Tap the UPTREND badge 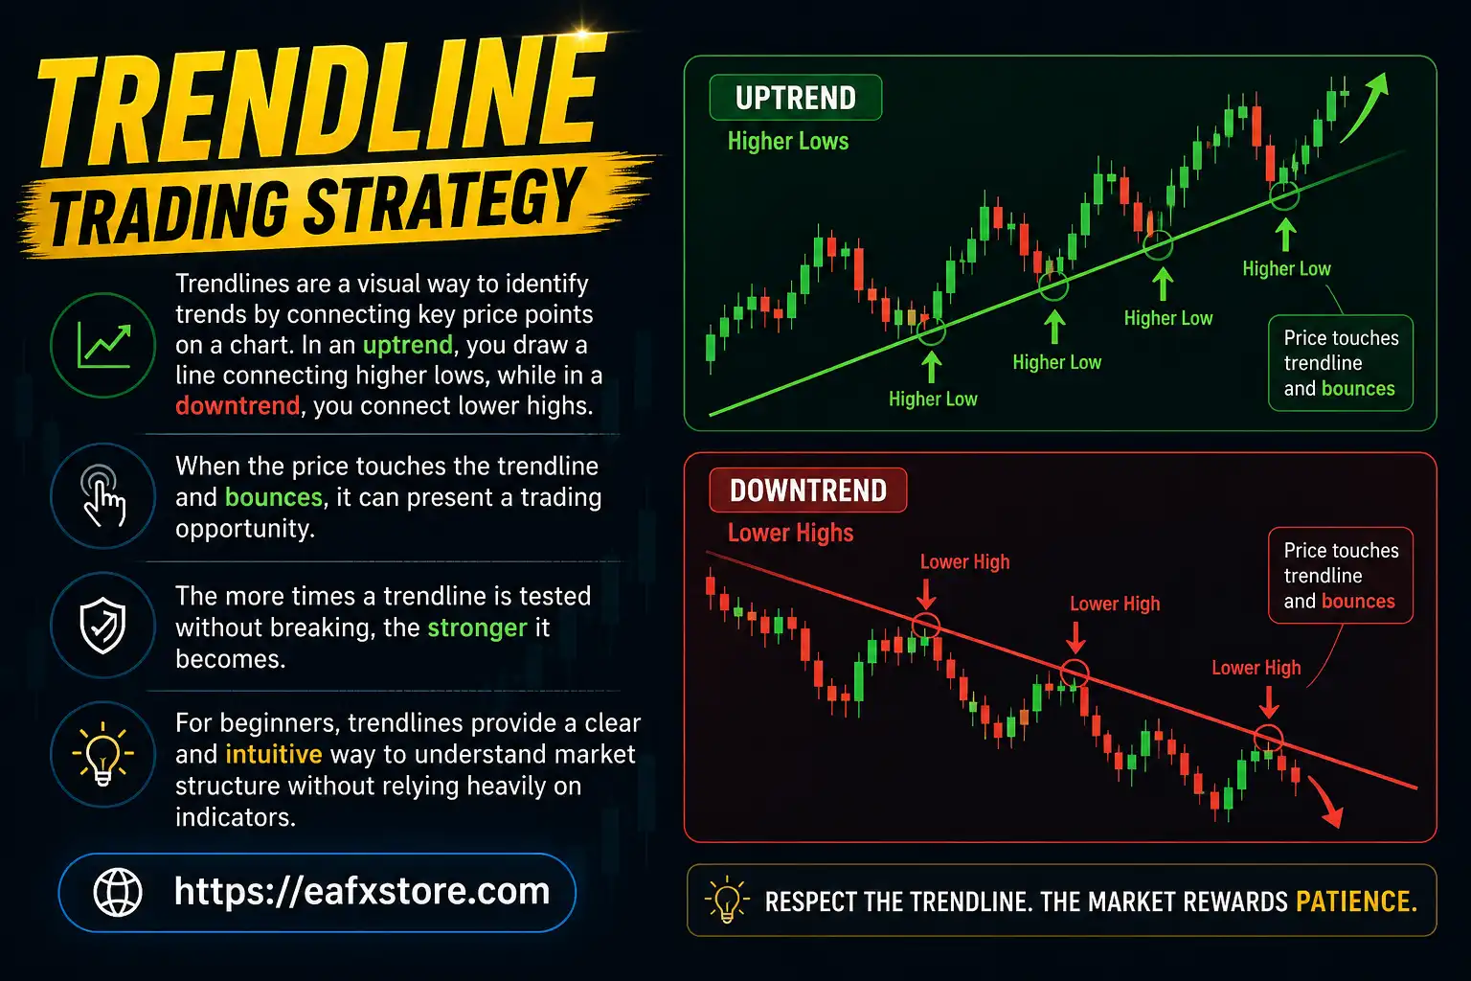[795, 98]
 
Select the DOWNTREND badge [807, 490]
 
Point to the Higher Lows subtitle [788, 142]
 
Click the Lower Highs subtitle [790, 533]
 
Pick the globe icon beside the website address [118, 892]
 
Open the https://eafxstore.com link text [362, 892]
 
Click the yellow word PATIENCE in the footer [1355, 901]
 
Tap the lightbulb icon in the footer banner [726, 901]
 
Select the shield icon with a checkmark [103, 626]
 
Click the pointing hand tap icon [103, 495]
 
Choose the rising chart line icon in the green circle [103, 346]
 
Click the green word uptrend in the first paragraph [407, 345]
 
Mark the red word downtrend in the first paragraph [238, 406]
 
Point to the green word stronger [477, 627]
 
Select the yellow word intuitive [274, 754]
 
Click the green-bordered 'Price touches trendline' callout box [1340, 363]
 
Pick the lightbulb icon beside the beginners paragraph [103, 754]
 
